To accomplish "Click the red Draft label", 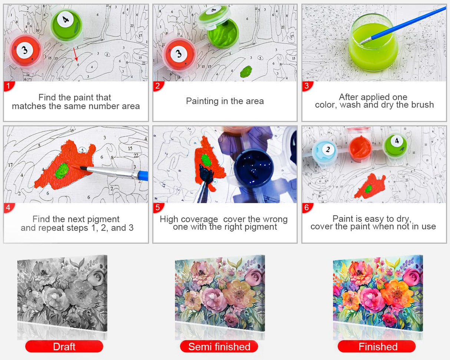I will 64,347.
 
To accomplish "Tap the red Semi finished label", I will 219,347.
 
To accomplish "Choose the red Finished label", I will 377,347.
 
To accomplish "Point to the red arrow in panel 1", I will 76,54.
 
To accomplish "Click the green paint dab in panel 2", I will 246,71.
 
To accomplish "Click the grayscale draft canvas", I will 62,293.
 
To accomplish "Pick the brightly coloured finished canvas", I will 378,293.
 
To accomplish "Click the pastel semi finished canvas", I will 220,293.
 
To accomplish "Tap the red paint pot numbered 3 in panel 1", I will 25,51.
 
